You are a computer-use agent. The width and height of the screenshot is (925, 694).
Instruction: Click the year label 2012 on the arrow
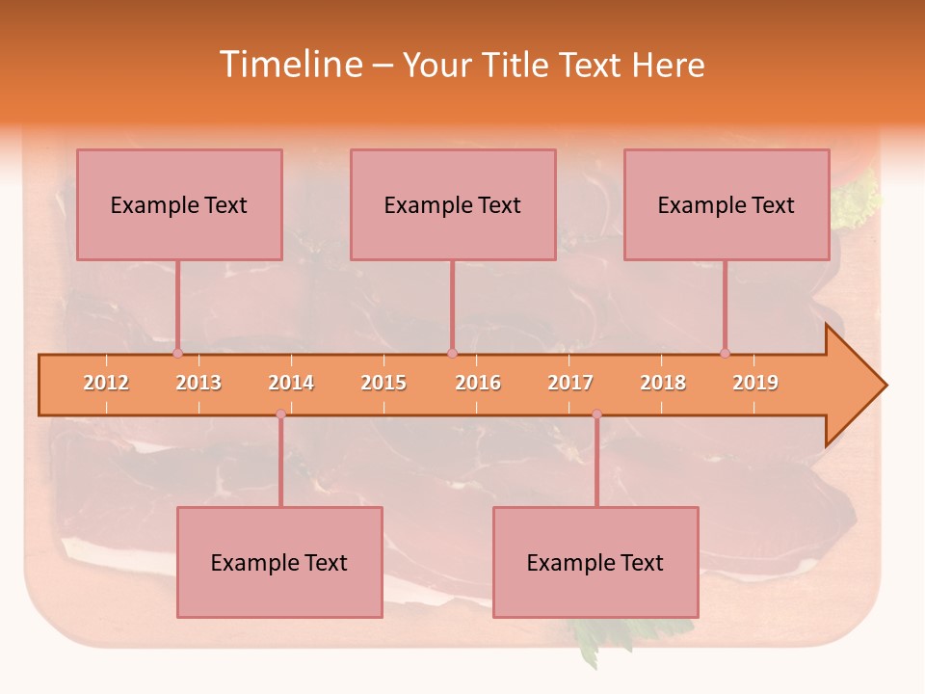tap(106, 383)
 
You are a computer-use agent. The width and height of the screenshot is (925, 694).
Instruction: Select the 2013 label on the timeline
tap(198, 383)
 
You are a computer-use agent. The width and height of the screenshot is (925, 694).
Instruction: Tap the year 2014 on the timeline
tap(291, 383)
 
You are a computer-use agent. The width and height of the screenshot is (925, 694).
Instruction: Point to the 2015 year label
tap(383, 383)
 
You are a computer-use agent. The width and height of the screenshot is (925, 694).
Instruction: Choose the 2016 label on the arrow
tap(478, 383)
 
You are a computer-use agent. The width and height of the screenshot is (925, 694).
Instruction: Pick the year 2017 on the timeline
tap(570, 383)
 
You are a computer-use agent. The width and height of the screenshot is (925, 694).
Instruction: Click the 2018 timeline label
tap(663, 383)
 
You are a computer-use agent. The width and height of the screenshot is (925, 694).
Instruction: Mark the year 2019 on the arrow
tap(755, 383)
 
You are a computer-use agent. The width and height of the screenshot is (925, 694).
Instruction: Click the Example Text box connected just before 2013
tap(179, 204)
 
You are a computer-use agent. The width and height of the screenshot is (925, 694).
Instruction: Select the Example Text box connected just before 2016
tap(453, 204)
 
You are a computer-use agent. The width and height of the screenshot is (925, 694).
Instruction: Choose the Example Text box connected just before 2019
tap(727, 204)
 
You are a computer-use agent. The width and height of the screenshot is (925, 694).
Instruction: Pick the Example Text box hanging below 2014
tap(279, 562)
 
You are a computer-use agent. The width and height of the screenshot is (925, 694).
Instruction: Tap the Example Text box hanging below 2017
tap(595, 562)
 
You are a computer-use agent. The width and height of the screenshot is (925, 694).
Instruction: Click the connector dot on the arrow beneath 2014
tap(280, 414)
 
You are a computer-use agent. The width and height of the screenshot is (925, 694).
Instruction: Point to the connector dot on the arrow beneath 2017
tap(596, 414)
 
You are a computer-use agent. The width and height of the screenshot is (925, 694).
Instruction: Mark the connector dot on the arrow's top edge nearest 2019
tap(725, 353)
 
